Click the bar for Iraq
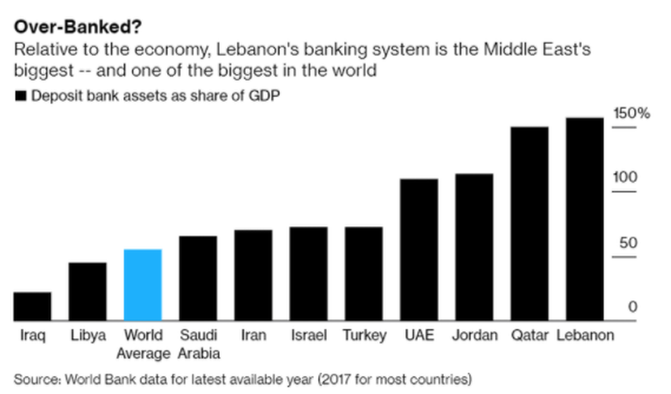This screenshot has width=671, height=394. [32, 306]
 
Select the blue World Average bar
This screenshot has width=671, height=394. [143, 285]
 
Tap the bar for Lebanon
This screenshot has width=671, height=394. [584, 220]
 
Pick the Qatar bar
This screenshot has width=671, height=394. [529, 223]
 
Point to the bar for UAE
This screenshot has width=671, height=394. [418, 250]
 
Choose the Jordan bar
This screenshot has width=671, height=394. [474, 247]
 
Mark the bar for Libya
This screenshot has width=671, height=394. [88, 291]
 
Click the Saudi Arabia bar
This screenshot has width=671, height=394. [198, 278]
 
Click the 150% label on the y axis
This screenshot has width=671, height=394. [632, 113]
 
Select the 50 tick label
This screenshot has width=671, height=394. [628, 243]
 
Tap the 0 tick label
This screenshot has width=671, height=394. [632, 306]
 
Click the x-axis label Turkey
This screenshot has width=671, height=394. [364, 336]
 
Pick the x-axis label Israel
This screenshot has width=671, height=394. [309, 336]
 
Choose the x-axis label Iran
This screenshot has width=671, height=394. [253, 336]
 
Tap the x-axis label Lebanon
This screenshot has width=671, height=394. [585, 336]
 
